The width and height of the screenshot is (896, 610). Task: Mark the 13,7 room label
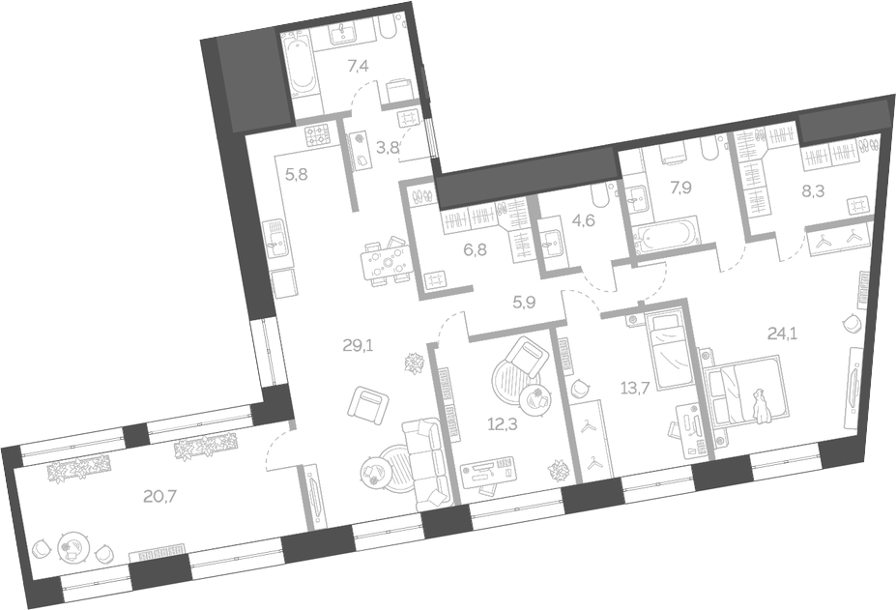click(x=635, y=389)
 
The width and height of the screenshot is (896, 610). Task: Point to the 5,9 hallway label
click(x=524, y=302)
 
